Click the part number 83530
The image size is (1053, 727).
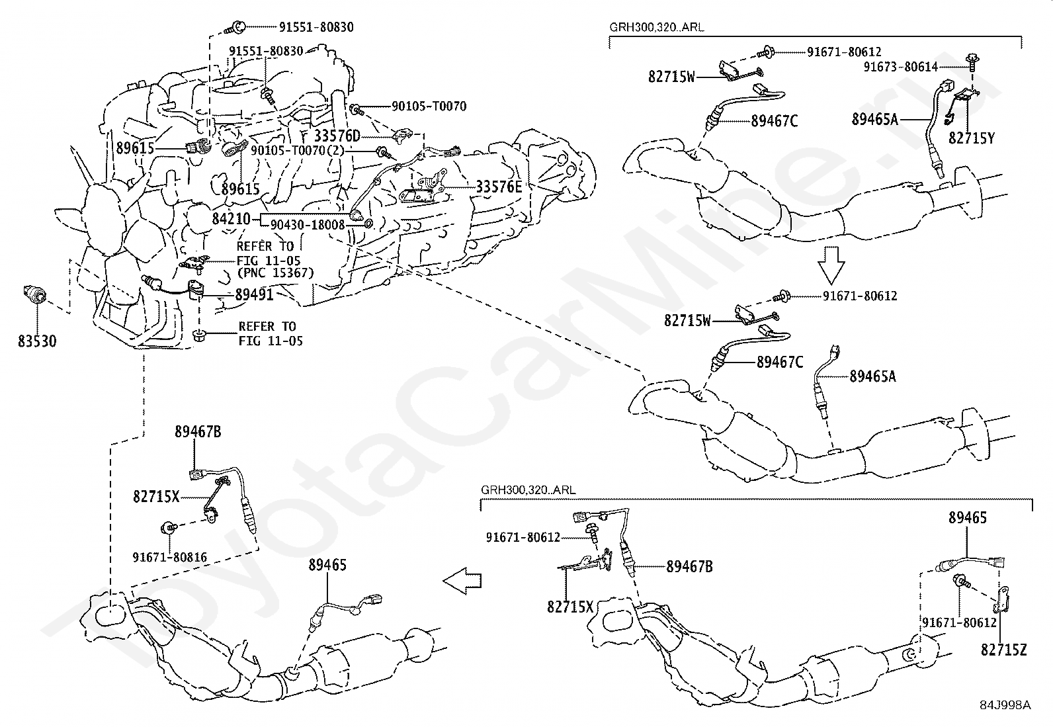click(37, 341)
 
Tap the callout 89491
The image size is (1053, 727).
click(254, 295)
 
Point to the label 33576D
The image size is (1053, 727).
click(337, 136)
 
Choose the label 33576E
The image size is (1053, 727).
click(499, 187)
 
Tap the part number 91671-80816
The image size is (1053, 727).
click(169, 557)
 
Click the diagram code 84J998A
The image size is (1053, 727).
click(1005, 705)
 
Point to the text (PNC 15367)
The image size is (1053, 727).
click(275, 273)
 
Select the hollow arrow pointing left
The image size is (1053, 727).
click(462, 581)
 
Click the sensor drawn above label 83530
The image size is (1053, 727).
click(33, 294)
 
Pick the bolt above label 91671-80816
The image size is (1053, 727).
click(169, 528)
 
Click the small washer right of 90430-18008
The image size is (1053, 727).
click(369, 225)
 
